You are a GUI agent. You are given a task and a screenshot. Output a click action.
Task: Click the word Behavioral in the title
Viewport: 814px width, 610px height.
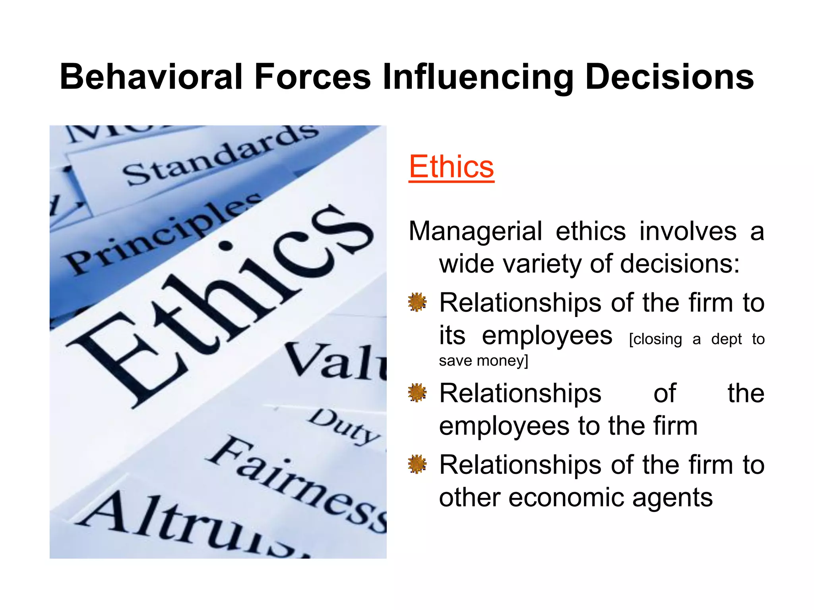pos(151,77)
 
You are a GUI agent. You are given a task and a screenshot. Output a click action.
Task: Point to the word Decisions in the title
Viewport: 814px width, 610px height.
pos(669,77)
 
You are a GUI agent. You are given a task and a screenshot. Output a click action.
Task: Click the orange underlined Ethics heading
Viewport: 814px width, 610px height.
pos(451,167)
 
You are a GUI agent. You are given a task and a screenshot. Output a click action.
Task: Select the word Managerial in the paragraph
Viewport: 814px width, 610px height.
pos(475,231)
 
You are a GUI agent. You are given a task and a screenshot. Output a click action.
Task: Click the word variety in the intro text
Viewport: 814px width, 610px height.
pos(544,264)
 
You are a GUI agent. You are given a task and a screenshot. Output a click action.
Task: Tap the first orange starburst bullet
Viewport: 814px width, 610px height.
pos(417,303)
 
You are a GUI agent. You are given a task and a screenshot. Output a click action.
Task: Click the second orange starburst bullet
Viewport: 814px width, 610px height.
pos(417,393)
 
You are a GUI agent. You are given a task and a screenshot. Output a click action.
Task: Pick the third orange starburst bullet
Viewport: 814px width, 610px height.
pos(417,464)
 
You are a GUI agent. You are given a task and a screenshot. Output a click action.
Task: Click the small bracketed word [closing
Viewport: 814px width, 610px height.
pos(655,340)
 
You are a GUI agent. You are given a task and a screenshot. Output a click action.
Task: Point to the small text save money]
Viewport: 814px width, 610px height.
pos(483,361)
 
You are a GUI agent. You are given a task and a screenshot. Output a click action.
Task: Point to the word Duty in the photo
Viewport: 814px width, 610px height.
pos(344,427)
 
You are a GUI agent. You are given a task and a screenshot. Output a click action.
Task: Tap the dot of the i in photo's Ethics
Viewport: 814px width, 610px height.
pos(225,246)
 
